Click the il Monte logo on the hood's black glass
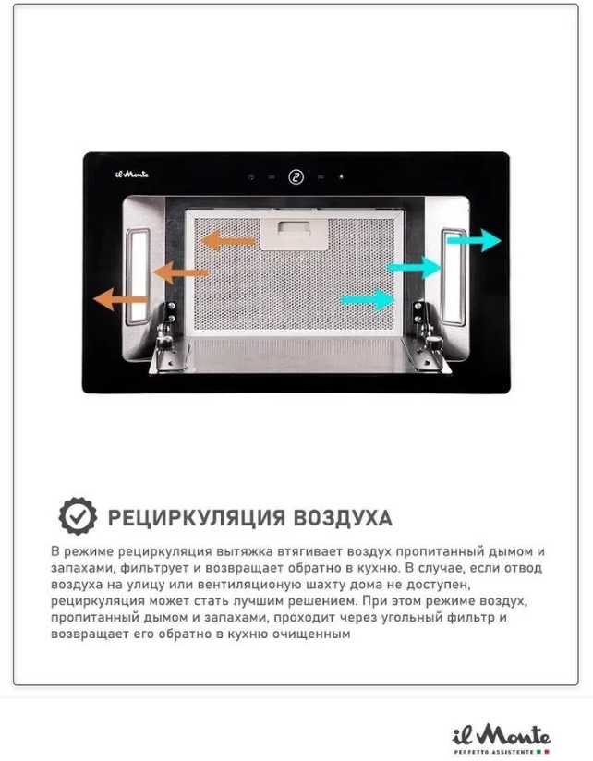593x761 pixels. (x=132, y=174)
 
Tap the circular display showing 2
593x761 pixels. (x=296, y=177)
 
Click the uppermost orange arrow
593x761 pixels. (x=228, y=240)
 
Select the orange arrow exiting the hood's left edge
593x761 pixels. (x=120, y=299)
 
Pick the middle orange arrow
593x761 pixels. (x=180, y=272)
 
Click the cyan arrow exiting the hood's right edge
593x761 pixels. (x=474, y=240)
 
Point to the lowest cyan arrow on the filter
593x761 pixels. (x=368, y=299)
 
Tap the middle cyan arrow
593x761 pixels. (x=414, y=268)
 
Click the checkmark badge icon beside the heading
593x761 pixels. (x=78, y=516)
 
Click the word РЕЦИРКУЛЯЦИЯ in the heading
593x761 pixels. (x=196, y=518)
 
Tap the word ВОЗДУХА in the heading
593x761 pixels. (x=343, y=518)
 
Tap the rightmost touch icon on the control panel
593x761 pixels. (x=341, y=177)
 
